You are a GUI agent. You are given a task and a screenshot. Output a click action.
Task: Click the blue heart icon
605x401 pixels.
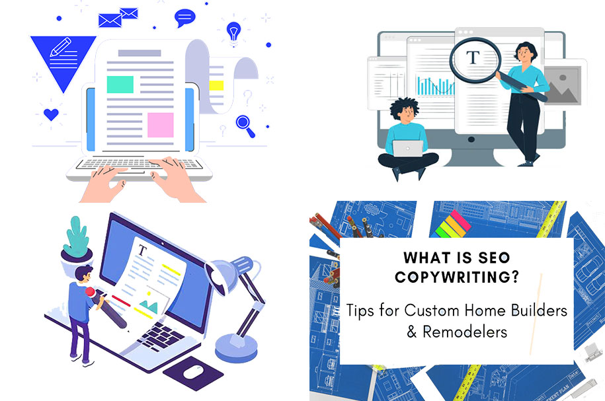pyautogui.click(x=51, y=114)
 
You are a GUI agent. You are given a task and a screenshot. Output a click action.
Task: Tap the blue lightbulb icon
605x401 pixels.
pyautogui.click(x=233, y=31)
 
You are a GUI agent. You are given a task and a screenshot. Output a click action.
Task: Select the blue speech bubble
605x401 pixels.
pyautogui.click(x=185, y=18)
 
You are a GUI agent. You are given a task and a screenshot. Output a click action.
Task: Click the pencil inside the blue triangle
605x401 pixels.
pyautogui.click(x=61, y=47)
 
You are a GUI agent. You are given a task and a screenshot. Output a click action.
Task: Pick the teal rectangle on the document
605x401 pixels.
pyautogui.click(x=120, y=85)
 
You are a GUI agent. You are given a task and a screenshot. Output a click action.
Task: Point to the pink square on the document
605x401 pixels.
pyautogui.click(x=161, y=125)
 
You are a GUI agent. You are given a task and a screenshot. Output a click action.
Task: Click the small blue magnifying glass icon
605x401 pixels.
pyautogui.click(x=245, y=126)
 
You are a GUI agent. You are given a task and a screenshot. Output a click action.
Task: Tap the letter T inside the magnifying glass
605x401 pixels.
pyautogui.click(x=473, y=58)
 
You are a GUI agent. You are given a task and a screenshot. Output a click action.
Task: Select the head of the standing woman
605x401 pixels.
pyautogui.click(x=525, y=52)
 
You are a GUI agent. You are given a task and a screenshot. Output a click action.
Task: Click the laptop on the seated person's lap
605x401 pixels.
pyautogui.click(x=408, y=149)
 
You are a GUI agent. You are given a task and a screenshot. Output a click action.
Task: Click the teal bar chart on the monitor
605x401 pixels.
pyautogui.click(x=435, y=86)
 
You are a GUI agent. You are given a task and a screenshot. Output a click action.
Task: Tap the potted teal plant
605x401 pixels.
pyautogui.click(x=77, y=244)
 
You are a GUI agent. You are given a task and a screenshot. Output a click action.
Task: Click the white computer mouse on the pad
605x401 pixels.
pyautogui.click(x=193, y=372)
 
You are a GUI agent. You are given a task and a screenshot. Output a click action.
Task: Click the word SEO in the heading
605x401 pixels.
pyautogui.click(x=495, y=258)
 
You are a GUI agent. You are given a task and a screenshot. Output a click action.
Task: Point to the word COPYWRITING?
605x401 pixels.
pyautogui.click(x=458, y=277)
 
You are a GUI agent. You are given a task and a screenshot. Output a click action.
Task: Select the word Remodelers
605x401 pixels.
pyautogui.click(x=465, y=332)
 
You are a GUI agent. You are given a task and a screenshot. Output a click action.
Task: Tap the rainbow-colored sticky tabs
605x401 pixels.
pyautogui.click(x=452, y=225)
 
